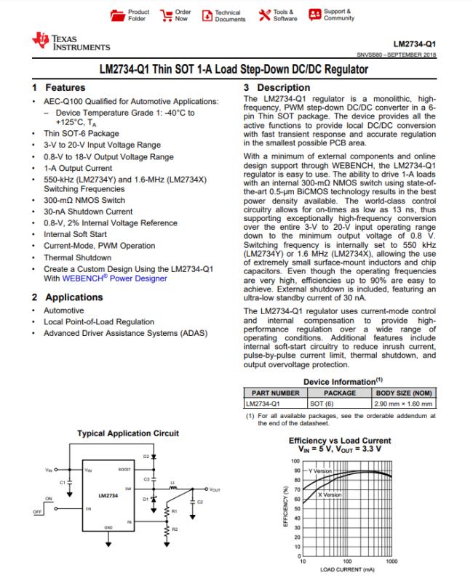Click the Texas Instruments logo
71,43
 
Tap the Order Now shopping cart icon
167,15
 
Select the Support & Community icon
314,15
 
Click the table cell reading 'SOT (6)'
322,403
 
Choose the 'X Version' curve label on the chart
329,494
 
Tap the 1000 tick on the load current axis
391,562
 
